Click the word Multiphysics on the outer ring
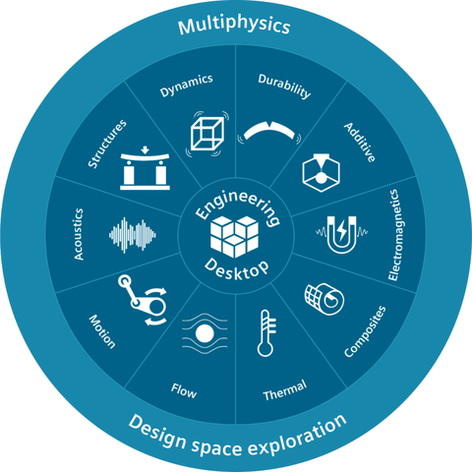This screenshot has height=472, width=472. pos(234,26)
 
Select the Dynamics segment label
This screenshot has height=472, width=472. pos(186,86)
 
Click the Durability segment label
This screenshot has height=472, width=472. pos(284,86)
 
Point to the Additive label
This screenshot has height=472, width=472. pos(360,143)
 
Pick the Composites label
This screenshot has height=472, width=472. pos(365,331)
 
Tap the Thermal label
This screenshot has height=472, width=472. pos(285,390)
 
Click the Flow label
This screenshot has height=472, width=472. pos(184,390)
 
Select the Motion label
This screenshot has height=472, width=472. pos(102,331)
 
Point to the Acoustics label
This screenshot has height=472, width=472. pos(79,234)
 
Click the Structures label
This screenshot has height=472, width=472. pos(107,144)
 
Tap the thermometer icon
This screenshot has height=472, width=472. pos(266,333)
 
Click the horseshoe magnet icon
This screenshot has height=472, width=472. pos(341,234)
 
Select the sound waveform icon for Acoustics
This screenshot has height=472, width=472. pos(133,235)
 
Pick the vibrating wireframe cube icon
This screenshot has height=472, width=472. pos(207,134)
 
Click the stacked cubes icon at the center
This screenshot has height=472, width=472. pos(234,236)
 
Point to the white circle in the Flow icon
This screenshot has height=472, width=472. pos(205,333)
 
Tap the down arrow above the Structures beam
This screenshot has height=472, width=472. pos(145,150)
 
